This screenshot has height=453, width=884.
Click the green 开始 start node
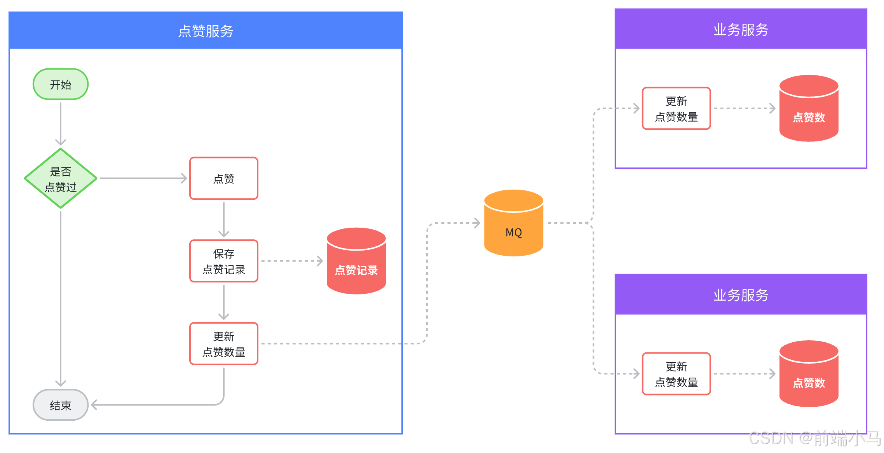tap(61, 84)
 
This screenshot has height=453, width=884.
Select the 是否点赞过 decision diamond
tap(61, 179)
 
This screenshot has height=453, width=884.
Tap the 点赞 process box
tap(224, 179)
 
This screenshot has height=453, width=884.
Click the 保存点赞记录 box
tap(224, 261)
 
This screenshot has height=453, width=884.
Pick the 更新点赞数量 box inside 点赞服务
tap(224, 344)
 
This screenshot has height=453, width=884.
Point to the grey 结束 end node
tap(61, 405)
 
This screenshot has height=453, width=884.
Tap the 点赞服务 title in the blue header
tap(206, 31)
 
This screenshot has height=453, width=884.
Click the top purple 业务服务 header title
tap(741, 30)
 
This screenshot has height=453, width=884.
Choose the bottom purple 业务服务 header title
tap(741, 295)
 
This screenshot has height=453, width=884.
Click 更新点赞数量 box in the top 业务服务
tap(677, 109)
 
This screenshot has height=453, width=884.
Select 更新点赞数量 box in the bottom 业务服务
tap(677, 374)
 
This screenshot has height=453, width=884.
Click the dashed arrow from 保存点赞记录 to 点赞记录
tap(292, 261)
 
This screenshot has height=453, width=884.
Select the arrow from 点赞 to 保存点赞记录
tap(224, 220)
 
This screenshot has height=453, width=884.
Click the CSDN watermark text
tap(814, 439)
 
